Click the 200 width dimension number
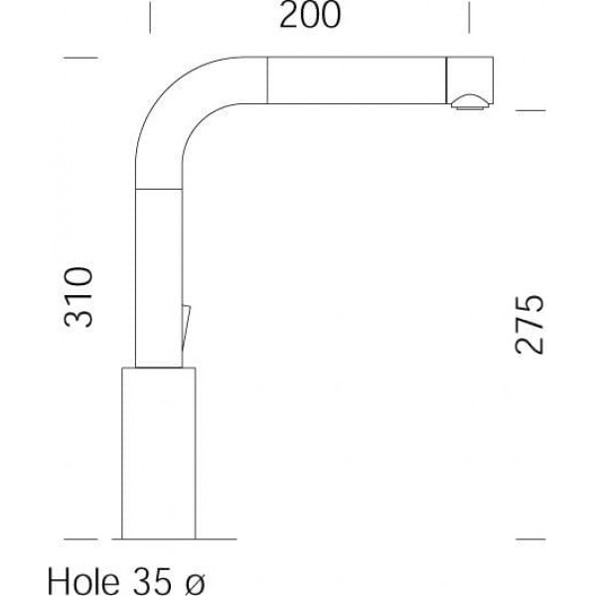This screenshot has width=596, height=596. pyautogui.click(x=310, y=15)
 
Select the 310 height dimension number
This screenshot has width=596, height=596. pyautogui.click(x=78, y=297)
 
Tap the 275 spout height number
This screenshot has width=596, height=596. pyautogui.click(x=529, y=324)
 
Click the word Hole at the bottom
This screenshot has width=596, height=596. pyautogui.click(x=82, y=581)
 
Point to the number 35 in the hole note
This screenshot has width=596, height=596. pyautogui.click(x=149, y=581)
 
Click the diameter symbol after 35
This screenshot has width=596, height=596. pyautogui.click(x=195, y=582)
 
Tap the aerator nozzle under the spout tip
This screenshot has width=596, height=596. pyautogui.click(x=470, y=101)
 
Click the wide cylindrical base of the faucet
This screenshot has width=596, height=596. pyautogui.click(x=159, y=453)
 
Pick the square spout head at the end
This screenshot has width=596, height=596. pyautogui.click(x=470, y=79)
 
